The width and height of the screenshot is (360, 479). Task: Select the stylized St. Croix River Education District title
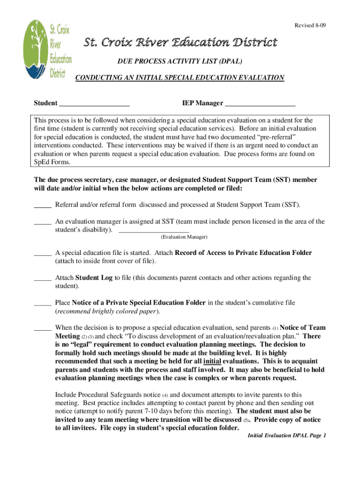[x=180, y=43]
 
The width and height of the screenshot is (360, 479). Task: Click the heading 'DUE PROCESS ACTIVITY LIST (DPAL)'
[x=180, y=62]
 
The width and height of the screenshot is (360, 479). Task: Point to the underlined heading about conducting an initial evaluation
[x=180, y=78]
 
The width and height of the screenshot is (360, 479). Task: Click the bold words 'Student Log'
[x=94, y=278]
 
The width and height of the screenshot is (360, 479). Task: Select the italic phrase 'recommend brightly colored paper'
[x=107, y=311]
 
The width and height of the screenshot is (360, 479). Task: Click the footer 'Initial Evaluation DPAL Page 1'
[x=286, y=435]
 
